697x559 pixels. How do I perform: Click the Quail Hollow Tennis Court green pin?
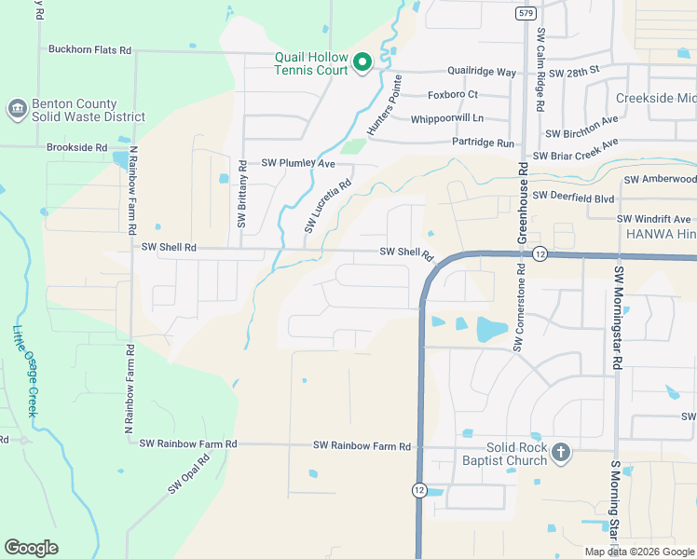tap(362, 62)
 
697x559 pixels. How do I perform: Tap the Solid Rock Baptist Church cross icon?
tap(560, 454)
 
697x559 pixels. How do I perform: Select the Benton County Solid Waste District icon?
tap(16, 110)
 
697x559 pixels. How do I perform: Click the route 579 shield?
tap(526, 13)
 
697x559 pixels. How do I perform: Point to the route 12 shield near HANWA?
tap(540, 253)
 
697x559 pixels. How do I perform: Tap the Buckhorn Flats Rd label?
tap(89, 49)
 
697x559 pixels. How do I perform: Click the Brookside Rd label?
tap(76, 147)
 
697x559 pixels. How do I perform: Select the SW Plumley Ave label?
tap(297, 163)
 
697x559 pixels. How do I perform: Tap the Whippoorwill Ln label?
tap(448, 118)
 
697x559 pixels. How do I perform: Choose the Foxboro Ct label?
tap(452, 94)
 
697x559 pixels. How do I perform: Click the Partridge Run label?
tap(483, 143)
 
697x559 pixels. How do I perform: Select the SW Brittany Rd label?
tap(241, 195)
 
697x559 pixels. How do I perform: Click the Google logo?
tap(31, 548)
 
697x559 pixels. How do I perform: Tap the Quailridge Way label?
tap(482, 72)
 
